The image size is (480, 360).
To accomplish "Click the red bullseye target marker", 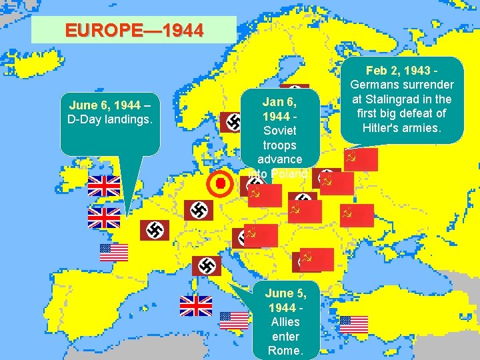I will (219, 184).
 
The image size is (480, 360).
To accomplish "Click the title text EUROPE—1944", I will (133, 31).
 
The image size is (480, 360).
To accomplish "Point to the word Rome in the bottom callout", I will (285, 351).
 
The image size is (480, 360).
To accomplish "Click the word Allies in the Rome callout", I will (286, 323).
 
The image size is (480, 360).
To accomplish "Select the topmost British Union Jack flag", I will (104, 186).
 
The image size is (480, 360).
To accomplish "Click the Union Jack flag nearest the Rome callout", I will (195, 305).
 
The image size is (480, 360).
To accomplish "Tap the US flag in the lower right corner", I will (353, 325).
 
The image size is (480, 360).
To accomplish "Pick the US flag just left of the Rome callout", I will (234, 321).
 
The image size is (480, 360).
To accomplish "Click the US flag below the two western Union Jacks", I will (114, 252).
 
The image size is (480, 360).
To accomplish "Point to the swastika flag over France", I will (154, 231).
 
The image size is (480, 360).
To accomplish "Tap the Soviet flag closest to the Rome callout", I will (317, 259).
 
